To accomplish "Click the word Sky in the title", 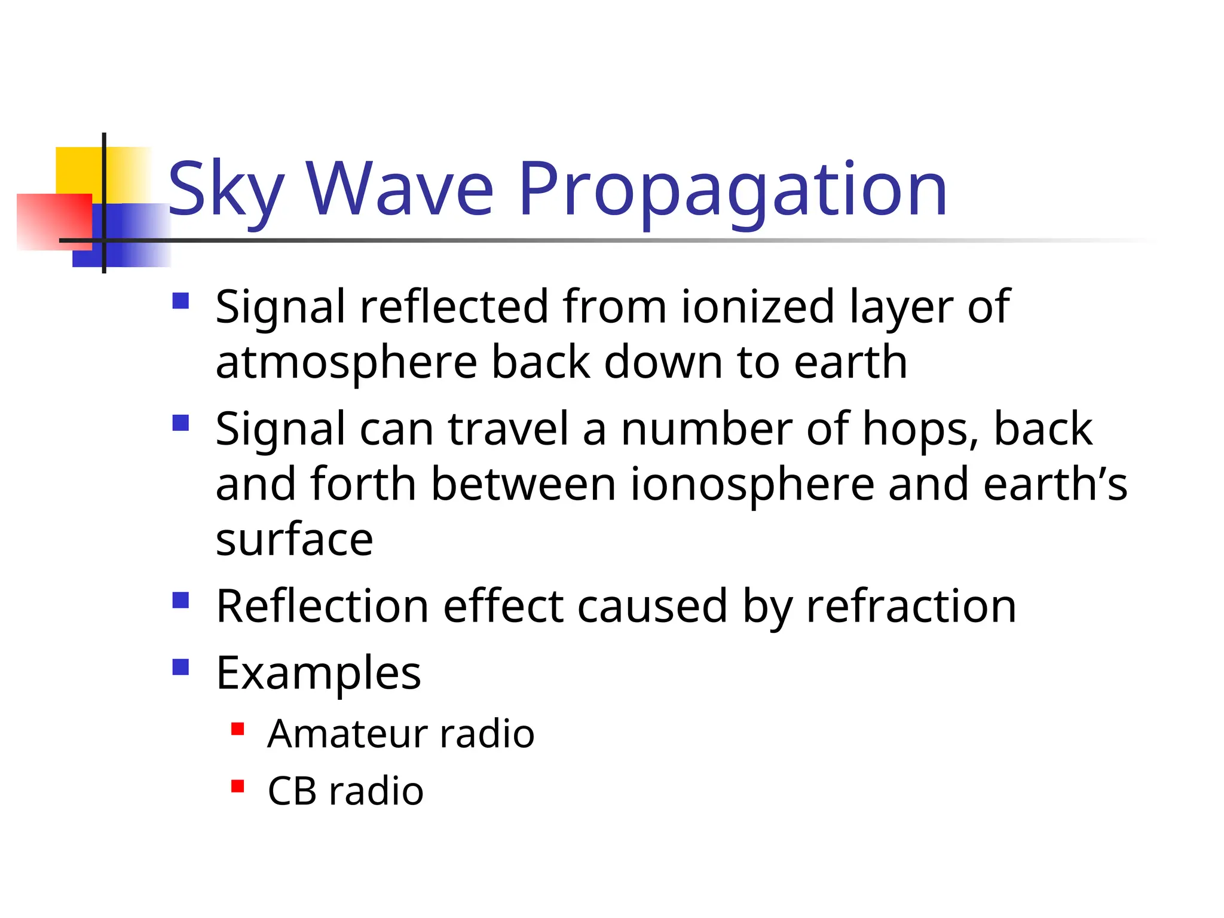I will [226, 190].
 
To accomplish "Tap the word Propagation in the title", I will [733, 190].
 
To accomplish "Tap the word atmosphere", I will [346, 362].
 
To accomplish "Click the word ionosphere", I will [752, 484].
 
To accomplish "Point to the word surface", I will [294, 540].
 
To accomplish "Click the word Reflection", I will [322, 607].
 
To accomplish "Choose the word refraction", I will [911, 607].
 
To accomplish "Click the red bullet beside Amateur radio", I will [238, 729].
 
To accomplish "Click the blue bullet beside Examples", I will [180, 667].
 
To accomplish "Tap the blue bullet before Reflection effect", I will [180, 600].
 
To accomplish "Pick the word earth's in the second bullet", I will [1055, 484].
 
